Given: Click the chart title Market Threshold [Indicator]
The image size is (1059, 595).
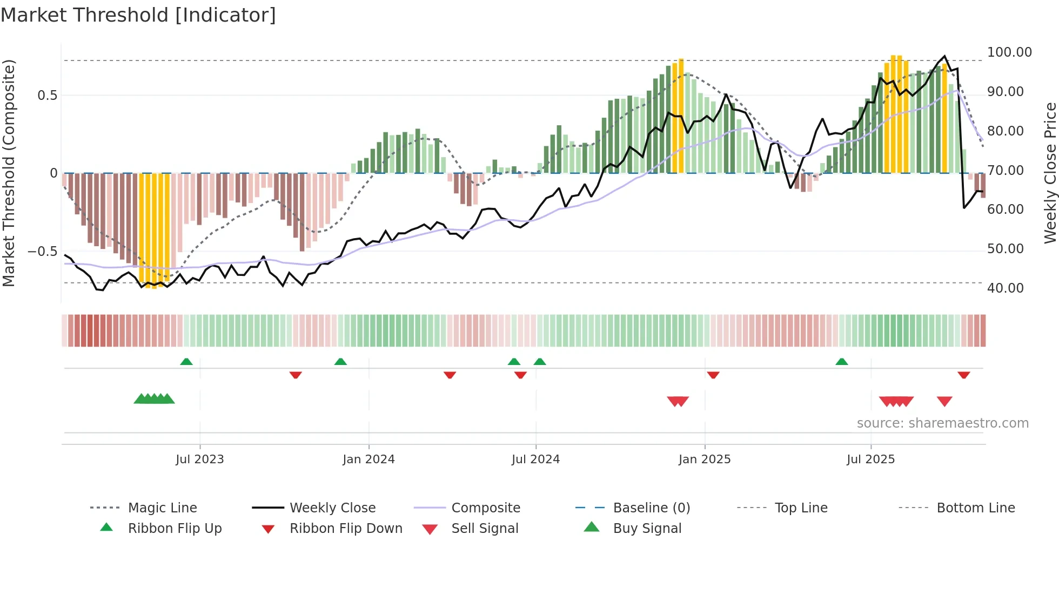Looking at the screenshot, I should click(x=138, y=15).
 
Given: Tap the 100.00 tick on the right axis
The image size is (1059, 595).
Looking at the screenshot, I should click(x=1009, y=52).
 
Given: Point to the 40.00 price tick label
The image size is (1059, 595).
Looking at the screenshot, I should click(x=1005, y=288).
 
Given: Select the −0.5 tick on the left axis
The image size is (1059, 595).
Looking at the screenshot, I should click(x=42, y=252).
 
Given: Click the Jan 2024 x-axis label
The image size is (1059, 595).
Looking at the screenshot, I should click(x=368, y=459).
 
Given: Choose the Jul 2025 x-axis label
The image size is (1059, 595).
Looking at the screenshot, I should click(x=870, y=459).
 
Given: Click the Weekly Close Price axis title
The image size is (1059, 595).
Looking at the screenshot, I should click(x=1050, y=173).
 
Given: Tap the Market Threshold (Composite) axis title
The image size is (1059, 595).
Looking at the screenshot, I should click(x=9, y=173).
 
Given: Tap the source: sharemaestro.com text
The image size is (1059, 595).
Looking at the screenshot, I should click(x=942, y=423).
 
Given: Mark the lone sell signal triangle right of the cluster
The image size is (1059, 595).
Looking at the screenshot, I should click(x=944, y=401).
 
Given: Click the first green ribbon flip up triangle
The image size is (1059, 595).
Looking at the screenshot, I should click(x=186, y=361).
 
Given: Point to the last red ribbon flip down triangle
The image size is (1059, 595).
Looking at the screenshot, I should click(x=964, y=375).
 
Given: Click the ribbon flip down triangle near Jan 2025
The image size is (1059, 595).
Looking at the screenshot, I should click(x=713, y=375).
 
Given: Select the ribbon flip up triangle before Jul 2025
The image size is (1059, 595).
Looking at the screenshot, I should click(x=842, y=361).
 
